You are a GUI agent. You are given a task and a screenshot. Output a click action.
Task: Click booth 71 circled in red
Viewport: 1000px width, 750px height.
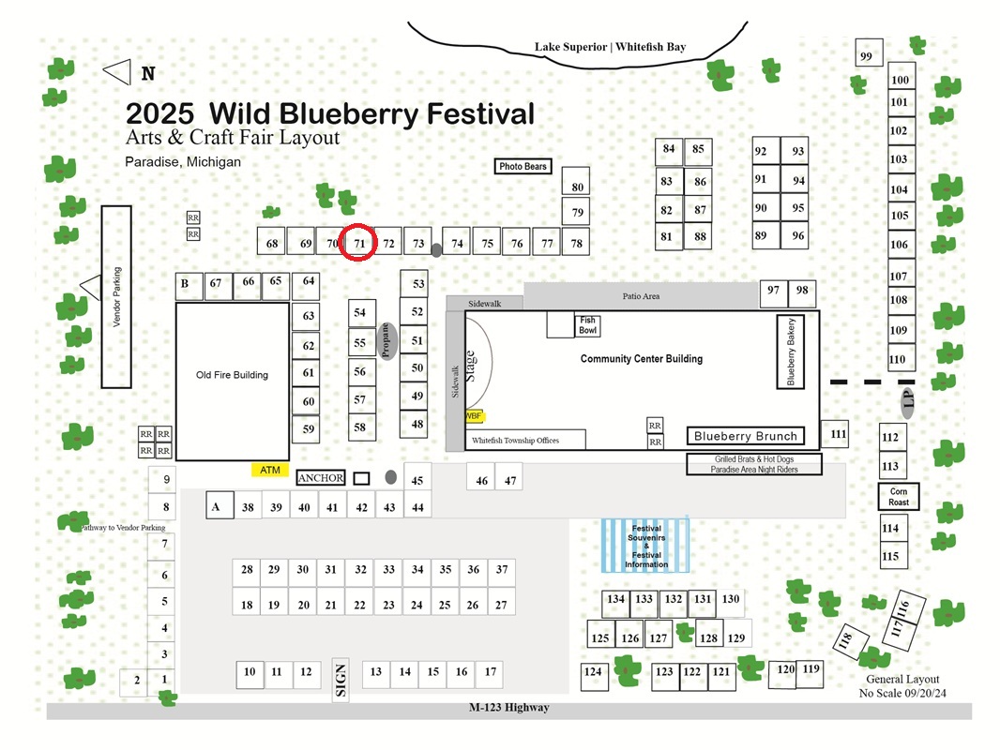coord(358,242)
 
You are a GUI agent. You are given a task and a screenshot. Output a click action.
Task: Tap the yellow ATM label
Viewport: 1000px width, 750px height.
coord(270,470)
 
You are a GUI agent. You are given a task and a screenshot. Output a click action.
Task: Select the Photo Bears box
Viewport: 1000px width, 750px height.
coord(523,166)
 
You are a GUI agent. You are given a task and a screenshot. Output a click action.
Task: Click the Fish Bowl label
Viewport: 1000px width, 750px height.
coord(587,325)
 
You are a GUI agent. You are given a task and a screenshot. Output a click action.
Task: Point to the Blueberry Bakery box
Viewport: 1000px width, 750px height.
coord(790,352)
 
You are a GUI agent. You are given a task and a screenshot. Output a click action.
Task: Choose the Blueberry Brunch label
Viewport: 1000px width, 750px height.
coord(746,436)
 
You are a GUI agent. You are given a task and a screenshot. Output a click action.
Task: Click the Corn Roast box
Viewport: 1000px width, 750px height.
coord(899,496)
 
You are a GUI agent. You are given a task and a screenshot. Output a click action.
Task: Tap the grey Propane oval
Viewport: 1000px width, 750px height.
coord(386,341)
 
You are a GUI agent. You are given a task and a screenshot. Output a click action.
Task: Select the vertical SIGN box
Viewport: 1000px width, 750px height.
coord(341,680)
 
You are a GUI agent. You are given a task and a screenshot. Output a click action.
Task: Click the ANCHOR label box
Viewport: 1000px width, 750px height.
coord(321,478)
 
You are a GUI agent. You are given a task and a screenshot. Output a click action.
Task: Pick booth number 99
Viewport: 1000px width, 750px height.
coord(869,53)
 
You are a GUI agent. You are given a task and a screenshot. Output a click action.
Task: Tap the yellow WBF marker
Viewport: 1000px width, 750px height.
coord(474,416)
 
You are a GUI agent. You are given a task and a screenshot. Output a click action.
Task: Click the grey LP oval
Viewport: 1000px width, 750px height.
coord(908,401)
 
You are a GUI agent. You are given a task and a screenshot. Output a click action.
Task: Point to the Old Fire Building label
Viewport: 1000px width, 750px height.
coord(232,375)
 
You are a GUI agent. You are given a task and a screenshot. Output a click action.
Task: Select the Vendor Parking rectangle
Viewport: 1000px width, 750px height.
coord(116,297)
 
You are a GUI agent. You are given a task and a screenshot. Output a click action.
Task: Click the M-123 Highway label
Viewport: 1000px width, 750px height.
coord(509,707)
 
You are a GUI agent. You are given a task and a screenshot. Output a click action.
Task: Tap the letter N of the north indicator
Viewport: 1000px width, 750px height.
coord(148,74)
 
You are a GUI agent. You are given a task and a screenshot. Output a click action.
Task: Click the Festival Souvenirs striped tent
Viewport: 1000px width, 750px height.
coord(645,546)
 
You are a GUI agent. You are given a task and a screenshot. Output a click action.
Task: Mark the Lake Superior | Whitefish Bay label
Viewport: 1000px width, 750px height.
coord(611,47)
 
